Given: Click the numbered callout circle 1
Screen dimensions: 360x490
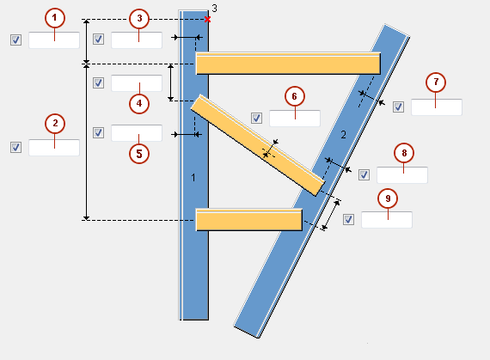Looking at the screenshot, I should tap(55, 17).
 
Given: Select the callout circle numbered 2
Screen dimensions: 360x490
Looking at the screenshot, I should tap(55, 124).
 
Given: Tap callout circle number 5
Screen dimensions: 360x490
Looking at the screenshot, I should tap(138, 154).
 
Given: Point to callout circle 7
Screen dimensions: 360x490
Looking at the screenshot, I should tap(437, 82).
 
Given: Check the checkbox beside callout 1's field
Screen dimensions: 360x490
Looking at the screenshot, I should tap(15, 40).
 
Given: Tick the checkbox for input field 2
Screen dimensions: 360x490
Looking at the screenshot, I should tap(15, 148).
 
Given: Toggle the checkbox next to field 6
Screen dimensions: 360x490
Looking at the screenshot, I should tap(256, 119).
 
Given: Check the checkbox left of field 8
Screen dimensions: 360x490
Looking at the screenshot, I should tap(364, 175).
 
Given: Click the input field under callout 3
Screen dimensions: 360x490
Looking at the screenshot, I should tap(136, 40).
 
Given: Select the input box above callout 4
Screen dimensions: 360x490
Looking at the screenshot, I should tap(136, 83).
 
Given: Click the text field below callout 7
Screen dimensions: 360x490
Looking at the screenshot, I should tap(436, 107).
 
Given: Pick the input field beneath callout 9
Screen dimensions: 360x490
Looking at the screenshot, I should tap(386, 219).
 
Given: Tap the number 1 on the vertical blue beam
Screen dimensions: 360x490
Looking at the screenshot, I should tap(194, 177).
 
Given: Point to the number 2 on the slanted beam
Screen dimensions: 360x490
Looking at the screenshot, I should tap(342, 135).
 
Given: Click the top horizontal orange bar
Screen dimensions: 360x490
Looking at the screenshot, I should tap(288, 64).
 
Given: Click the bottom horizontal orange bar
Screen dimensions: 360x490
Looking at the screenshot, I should tap(248, 220).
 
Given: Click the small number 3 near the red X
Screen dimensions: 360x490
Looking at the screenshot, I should tap(214, 8).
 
